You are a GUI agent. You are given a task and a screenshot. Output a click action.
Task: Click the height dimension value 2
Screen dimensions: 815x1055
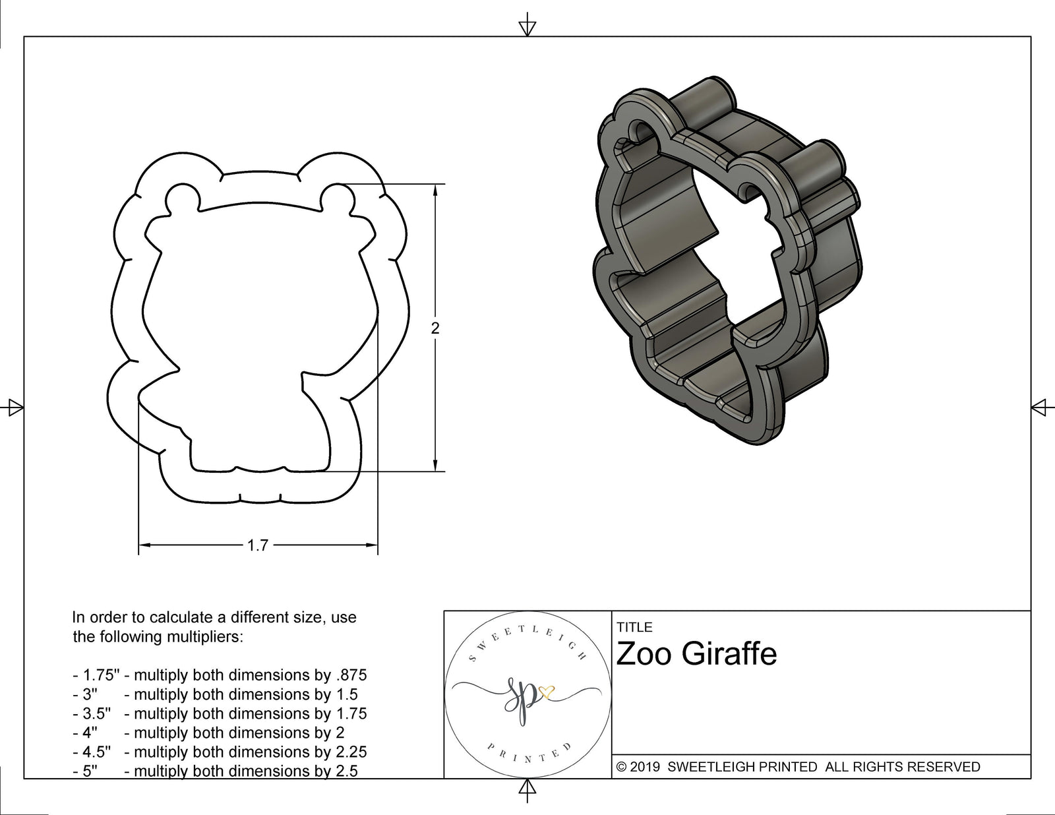click(x=435, y=328)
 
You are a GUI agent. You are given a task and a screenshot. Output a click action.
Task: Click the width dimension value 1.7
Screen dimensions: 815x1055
click(x=257, y=545)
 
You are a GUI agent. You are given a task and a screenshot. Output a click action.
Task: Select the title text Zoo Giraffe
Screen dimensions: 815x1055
click(x=696, y=654)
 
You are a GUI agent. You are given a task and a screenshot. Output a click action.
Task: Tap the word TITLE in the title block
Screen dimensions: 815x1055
click(x=634, y=627)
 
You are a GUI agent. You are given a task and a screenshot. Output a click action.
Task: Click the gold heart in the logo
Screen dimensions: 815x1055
click(x=547, y=692)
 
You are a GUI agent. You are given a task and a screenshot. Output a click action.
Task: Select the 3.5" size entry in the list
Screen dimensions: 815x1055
click(x=92, y=713)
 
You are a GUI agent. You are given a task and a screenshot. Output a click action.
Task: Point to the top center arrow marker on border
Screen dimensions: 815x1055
click(x=527, y=26)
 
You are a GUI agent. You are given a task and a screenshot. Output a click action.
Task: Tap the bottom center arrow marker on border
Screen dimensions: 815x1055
click(x=527, y=789)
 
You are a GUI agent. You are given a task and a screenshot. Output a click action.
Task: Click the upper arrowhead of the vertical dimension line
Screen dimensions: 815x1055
click(x=435, y=191)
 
